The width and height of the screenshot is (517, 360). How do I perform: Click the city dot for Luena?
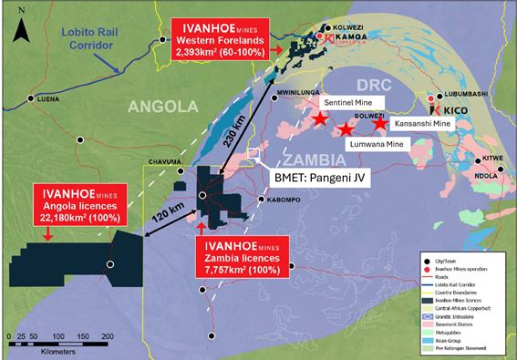coord(32,98)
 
